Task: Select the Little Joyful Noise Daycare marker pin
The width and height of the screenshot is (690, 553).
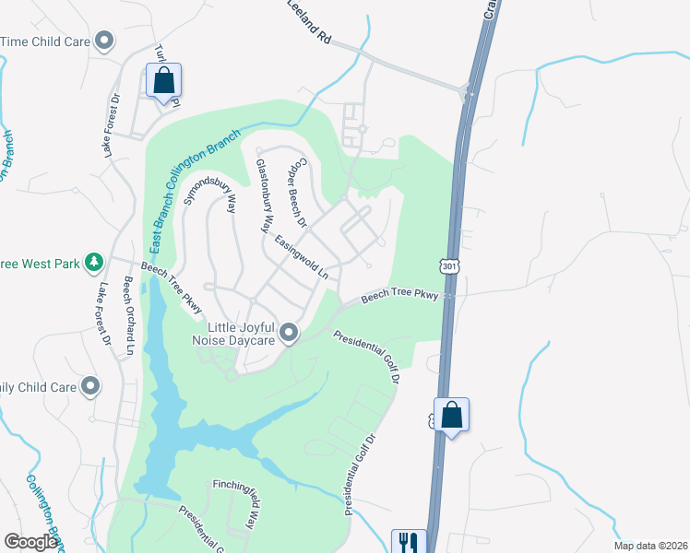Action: coord(289,332)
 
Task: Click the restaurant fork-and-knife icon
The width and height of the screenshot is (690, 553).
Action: coord(408,542)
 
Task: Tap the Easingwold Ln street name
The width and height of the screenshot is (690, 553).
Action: coord(302,256)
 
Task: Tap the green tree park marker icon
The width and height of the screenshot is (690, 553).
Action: coord(93,263)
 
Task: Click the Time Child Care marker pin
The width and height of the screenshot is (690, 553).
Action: coord(104,40)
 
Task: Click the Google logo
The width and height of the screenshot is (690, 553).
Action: coord(30,542)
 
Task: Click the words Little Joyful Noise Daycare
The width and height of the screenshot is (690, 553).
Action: coord(242,334)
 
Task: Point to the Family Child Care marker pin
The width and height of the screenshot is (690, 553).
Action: coord(90,386)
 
